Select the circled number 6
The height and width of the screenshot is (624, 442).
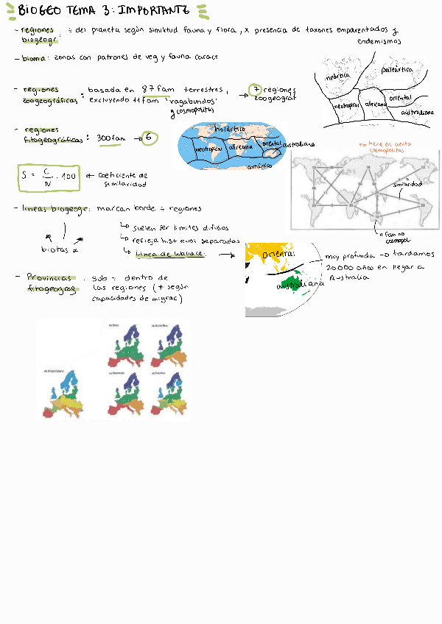coord(150,138)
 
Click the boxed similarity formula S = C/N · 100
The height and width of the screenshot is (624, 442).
coord(49,176)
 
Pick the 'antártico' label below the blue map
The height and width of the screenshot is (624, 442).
coord(261,167)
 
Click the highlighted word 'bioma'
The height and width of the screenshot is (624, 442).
coord(35,57)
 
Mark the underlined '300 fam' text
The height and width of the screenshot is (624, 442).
coord(111,138)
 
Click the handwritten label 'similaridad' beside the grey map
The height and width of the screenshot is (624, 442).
coord(407,184)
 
